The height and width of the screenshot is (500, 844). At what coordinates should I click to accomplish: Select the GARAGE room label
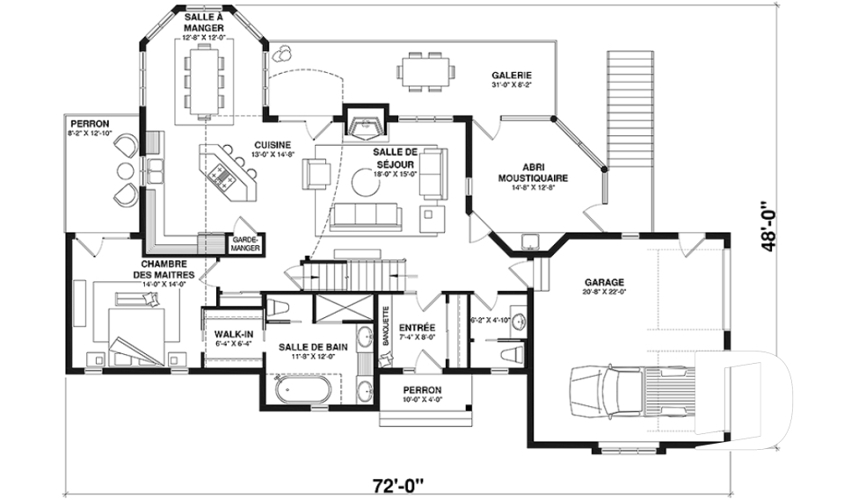(604, 282)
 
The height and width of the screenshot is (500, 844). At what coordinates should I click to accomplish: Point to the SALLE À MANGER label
(204, 22)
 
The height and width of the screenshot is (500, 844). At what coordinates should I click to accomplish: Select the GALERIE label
(511, 76)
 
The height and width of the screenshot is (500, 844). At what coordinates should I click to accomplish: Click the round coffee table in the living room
(366, 181)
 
